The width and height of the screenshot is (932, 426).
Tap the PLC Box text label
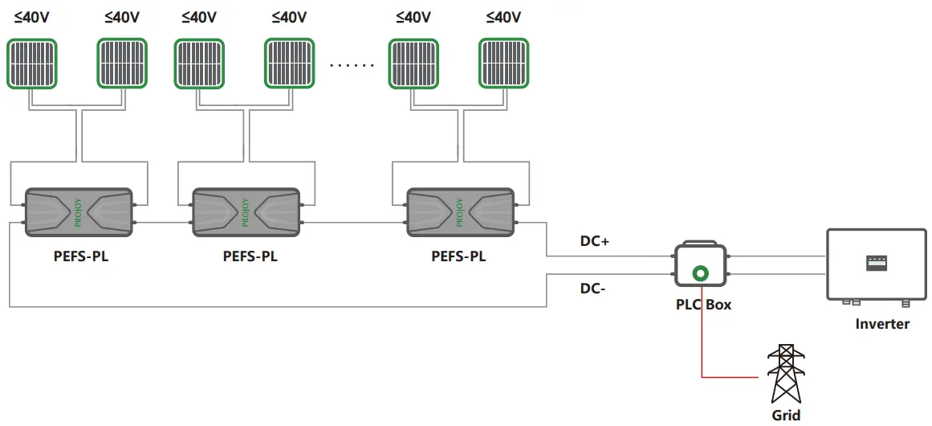coord(702,305)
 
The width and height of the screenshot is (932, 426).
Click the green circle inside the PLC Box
coord(702,274)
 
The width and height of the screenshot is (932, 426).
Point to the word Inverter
coord(882,324)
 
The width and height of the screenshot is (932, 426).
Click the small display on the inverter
coord(877,262)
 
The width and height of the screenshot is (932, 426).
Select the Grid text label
coord(786,416)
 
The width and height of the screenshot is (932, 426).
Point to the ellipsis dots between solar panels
coord(353,65)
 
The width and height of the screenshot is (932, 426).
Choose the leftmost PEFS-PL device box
coord(78,212)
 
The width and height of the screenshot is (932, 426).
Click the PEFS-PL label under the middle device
coord(250,257)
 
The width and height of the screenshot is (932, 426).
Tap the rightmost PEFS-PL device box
coord(460,212)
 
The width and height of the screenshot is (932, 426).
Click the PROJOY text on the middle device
coord(245,212)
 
